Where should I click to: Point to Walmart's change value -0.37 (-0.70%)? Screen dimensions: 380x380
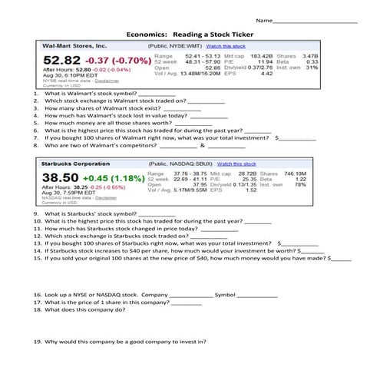116,60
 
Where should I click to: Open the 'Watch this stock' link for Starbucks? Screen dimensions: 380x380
240,164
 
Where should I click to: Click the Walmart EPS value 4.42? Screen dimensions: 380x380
268,74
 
